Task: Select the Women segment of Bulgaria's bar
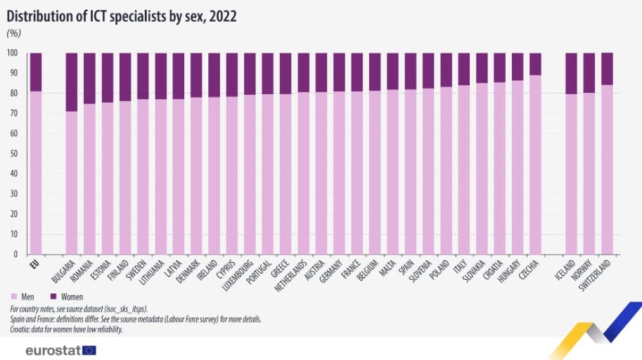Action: pos(71,82)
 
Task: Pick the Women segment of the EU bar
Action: pos(35,72)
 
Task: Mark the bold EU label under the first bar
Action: pos(32,264)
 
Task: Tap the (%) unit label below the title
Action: pos(13,33)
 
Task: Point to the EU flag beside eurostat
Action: pos(89,349)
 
